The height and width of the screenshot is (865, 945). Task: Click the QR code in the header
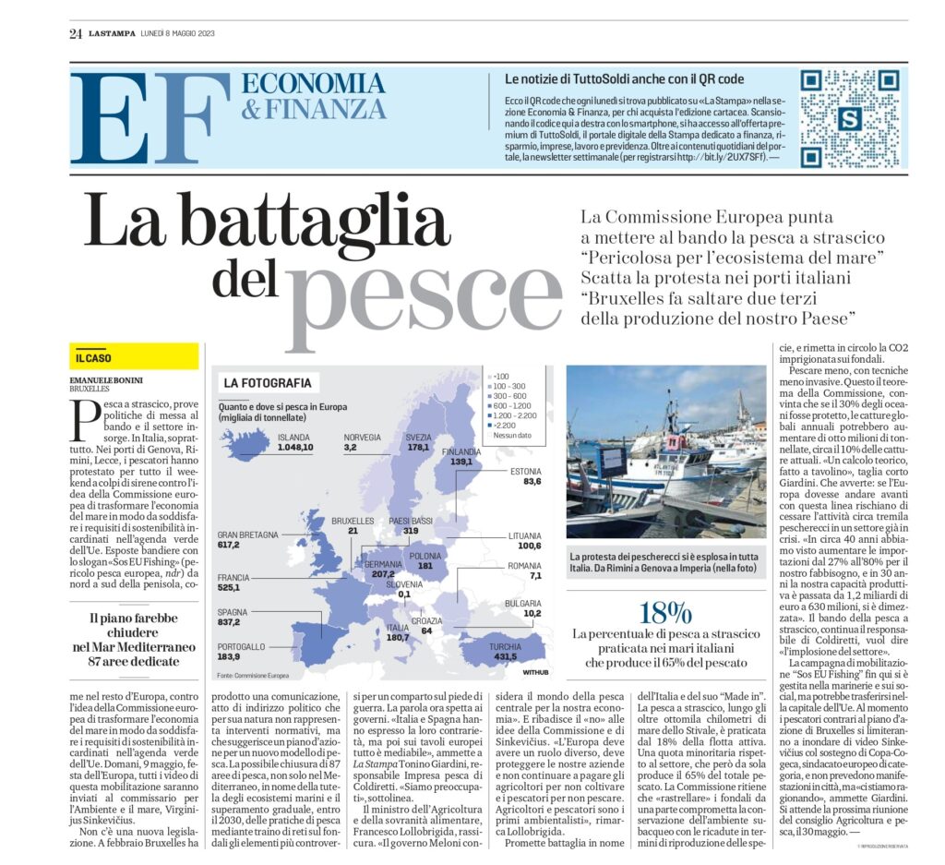(x=847, y=118)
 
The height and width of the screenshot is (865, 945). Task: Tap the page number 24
(x=76, y=34)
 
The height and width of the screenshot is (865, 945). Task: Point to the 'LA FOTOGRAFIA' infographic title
(x=267, y=382)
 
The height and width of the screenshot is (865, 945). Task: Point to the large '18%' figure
(x=665, y=612)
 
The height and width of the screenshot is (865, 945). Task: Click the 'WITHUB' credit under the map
(x=535, y=672)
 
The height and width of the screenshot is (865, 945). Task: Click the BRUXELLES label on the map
(x=352, y=521)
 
